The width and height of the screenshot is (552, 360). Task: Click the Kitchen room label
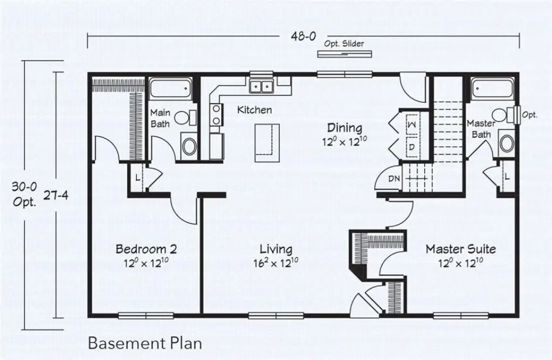[254, 110]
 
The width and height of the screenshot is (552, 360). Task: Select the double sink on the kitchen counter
[263, 86]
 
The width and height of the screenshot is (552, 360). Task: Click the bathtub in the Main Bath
[170, 87]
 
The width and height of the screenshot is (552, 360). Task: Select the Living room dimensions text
[275, 263]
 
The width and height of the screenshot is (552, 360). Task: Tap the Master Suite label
[460, 250]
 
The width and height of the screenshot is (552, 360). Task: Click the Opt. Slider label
[344, 44]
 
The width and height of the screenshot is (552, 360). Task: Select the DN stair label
[394, 178]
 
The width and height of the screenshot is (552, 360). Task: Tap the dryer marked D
[411, 147]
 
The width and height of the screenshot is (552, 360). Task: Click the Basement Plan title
[145, 343]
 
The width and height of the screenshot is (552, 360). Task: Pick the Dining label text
[344, 128]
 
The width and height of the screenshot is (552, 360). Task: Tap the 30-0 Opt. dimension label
[25, 195]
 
